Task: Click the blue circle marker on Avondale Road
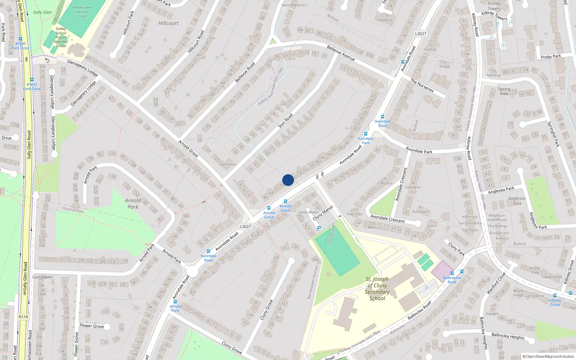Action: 288,180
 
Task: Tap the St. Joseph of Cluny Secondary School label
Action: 377,288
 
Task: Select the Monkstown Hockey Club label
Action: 82,12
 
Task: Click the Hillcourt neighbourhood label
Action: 168,23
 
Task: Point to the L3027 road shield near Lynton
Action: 420,33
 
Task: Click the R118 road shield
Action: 23,317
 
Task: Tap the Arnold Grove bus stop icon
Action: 269,208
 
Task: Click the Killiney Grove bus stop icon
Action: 555,296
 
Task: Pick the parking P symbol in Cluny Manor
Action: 319,228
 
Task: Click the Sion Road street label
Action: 285,121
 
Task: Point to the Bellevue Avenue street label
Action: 341,53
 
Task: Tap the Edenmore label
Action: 228,165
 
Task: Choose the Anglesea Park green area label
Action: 517,201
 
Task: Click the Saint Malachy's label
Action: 294,5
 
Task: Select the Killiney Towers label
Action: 494,6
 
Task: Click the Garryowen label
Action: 42,277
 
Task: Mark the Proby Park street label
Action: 551,57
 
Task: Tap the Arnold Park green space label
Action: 133,204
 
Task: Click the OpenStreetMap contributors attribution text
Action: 548,356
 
